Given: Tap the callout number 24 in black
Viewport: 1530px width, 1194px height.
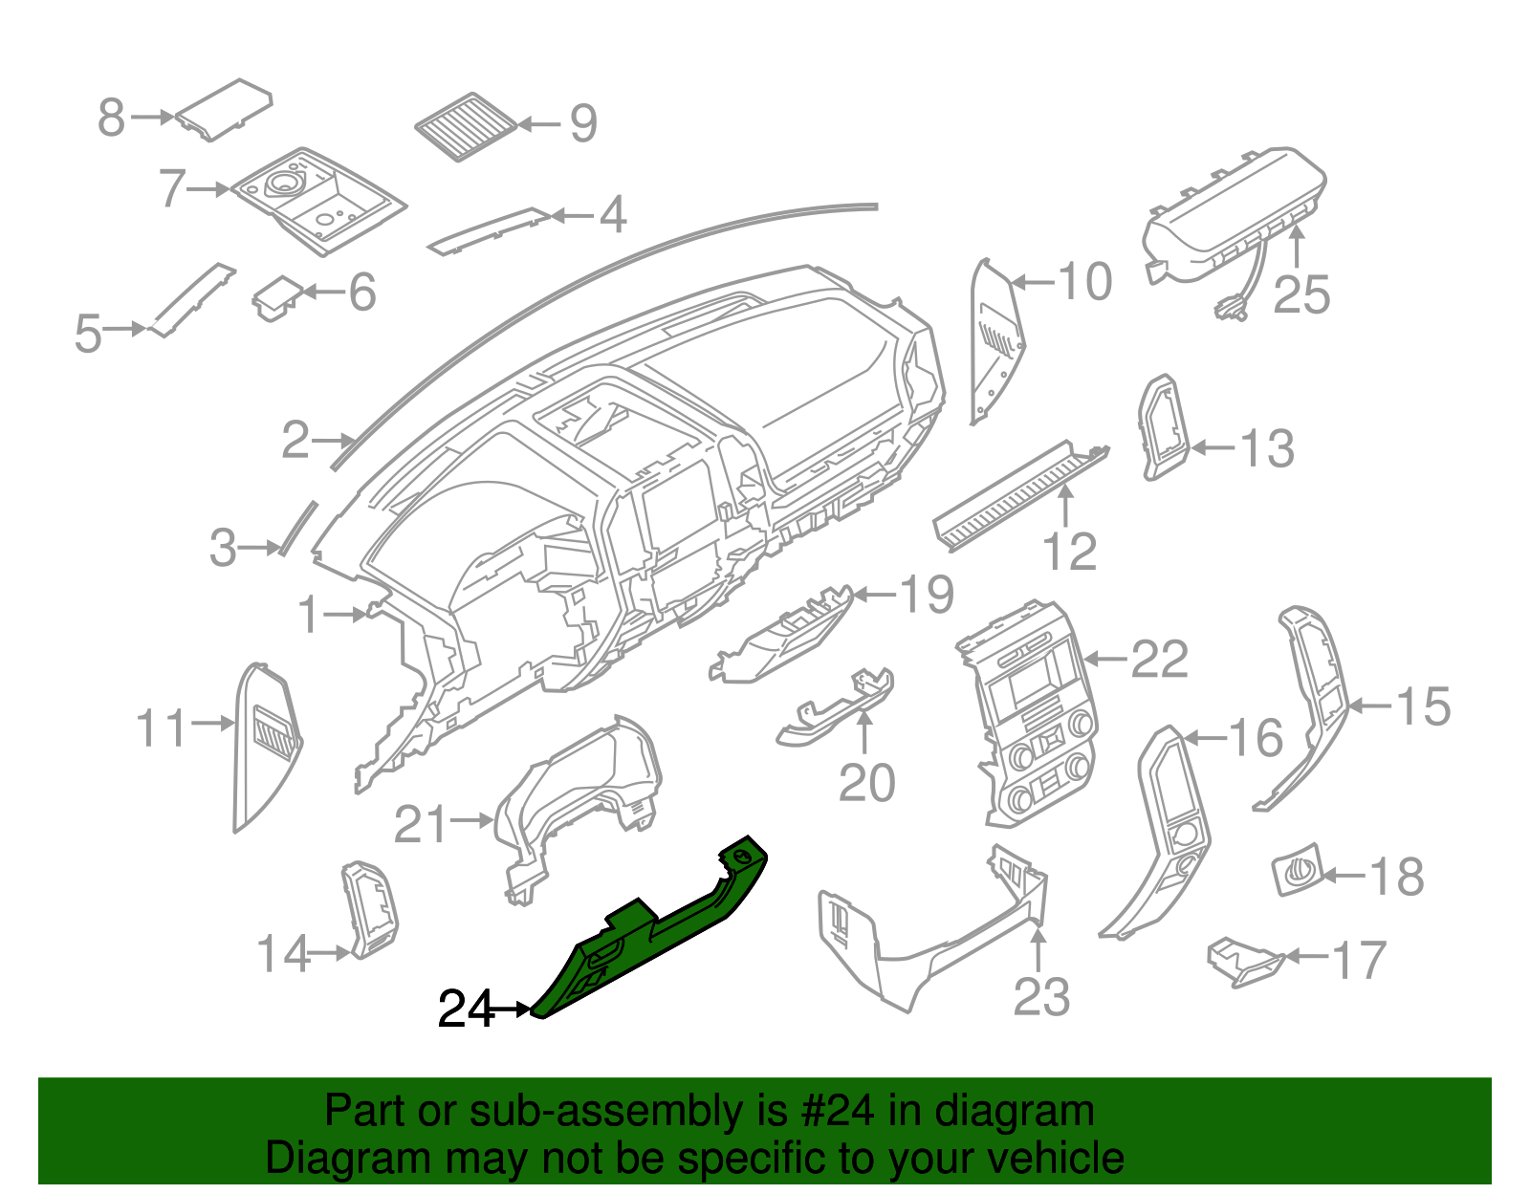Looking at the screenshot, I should tap(466, 1009).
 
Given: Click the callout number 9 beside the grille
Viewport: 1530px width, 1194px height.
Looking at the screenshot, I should tap(583, 124).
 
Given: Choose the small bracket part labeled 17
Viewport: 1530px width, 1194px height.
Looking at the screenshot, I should tap(1243, 961).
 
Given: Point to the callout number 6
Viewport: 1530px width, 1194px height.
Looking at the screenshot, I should tap(362, 293).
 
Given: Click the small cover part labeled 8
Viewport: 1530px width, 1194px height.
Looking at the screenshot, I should tap(225, 110).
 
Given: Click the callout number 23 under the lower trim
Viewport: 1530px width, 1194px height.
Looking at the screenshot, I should tap(1041, 997).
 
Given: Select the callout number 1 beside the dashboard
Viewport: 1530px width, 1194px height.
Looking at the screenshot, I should tap(308, 615).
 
